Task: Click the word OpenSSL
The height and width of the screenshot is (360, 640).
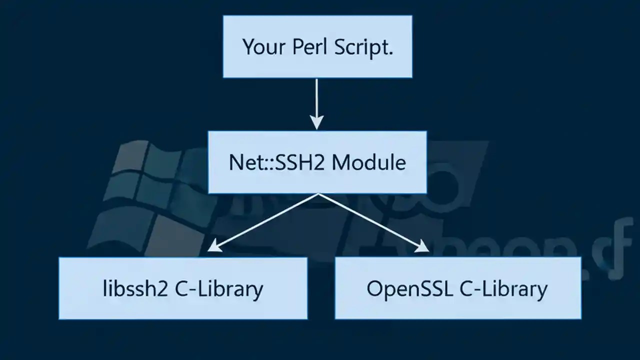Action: click(x=409, y=288)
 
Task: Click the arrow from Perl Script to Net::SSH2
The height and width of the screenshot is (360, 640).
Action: click(x=316, y=100)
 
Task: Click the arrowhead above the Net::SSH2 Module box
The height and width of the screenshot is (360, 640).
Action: click(x=316, y=122)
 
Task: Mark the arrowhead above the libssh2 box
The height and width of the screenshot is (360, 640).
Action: click(x=213, y=246)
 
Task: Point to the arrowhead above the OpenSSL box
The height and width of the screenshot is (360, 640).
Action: click(x=422, y=246)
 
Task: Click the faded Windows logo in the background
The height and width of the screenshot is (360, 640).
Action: click(x=145, y=200)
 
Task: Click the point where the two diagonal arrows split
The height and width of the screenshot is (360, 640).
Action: click(x=318, y=194)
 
